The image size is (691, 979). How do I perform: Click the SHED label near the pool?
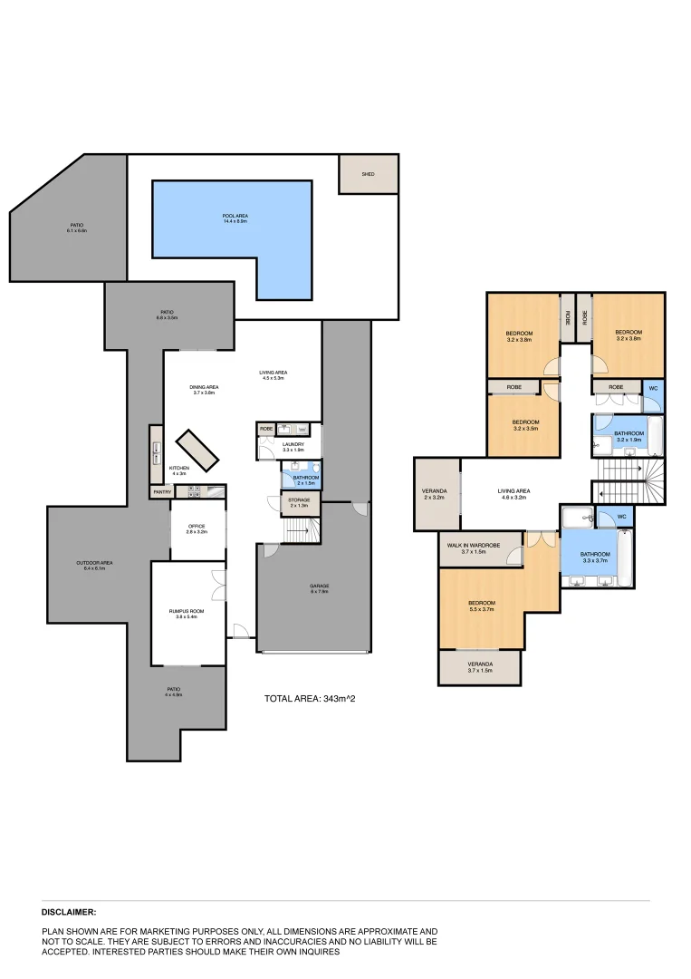point(368,174)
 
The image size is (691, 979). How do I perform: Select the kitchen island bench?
point(197,449)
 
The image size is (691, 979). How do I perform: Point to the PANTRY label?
point(162,492)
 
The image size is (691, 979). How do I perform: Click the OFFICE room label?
point(197,529)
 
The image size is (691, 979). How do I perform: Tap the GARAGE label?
point(320,588)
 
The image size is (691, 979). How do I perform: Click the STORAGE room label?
point(300,502)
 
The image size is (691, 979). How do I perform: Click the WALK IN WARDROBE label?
point(480,548)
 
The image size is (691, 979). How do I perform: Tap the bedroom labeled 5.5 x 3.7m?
point(481,606)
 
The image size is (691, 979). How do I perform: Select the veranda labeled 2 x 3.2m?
point(436,494)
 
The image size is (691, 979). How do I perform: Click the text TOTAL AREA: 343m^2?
point(303,699)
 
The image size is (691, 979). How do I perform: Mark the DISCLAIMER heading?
point(69,913)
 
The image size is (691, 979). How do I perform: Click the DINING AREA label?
point(206,390)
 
